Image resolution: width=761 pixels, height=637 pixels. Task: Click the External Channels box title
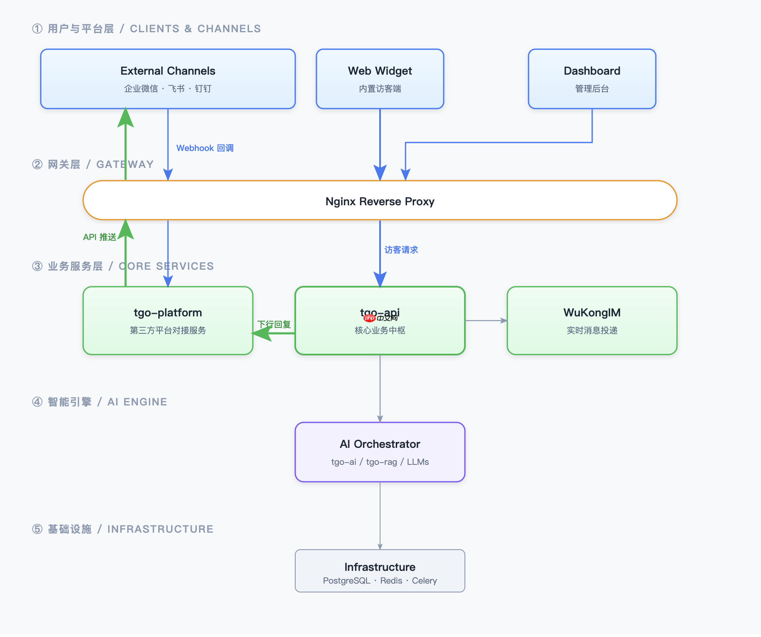coord(168,71)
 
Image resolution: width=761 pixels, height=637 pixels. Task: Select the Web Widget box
coord(380,79)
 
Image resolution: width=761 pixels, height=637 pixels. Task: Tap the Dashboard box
coord(592,79)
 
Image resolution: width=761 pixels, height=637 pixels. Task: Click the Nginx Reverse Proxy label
coord(380,201)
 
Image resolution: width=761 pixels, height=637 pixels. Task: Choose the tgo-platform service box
coord(168,321)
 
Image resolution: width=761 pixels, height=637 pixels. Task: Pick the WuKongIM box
coord(592,321)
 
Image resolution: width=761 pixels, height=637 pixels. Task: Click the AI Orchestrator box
coord(380,452)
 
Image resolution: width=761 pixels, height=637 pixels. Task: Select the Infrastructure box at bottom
coord(380,571)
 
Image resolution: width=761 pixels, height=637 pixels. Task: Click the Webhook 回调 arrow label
coord(205,148)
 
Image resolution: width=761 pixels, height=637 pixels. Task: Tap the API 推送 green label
coord(99,237)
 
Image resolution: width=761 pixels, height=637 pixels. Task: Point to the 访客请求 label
coord(401,250)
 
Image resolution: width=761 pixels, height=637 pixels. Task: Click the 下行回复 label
coord(274,324)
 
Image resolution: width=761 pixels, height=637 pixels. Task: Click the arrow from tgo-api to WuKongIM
coord(486,321)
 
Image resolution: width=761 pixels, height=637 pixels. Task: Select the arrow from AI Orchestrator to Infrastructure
coord(380,515)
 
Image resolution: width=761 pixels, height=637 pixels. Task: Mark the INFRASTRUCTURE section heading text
coord(160,529)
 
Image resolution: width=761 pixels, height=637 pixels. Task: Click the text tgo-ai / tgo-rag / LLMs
coord(380,462)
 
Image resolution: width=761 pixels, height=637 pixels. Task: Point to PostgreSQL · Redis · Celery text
coord(380,581)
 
